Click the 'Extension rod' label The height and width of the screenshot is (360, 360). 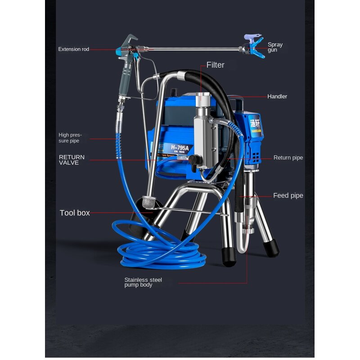74,49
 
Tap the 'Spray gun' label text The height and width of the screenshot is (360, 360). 275,47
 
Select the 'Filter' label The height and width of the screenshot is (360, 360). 215,65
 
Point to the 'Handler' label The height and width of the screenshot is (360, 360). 277,96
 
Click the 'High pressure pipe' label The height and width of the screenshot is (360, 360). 71,138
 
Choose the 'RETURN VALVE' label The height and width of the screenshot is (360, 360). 72,160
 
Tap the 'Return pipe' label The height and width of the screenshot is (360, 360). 288,158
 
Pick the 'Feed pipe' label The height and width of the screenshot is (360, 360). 288,196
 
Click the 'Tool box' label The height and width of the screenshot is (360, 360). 75,213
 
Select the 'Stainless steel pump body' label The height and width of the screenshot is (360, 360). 143,283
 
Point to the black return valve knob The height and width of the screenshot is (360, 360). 195,160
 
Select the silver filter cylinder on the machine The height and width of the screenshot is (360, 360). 202,130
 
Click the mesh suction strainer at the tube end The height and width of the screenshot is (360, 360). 149,203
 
